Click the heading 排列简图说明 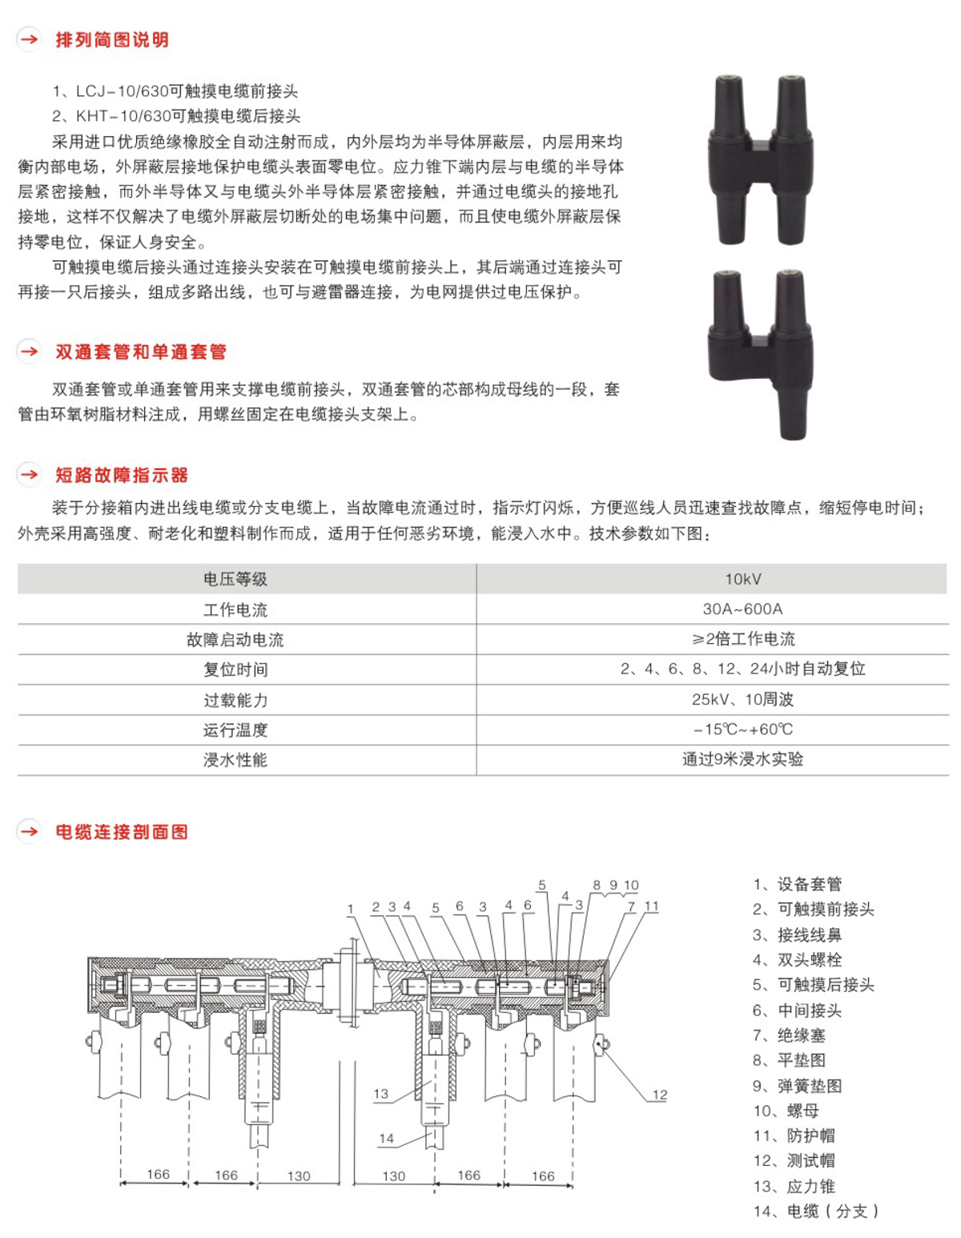coord(111,40)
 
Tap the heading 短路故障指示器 coord(121,475)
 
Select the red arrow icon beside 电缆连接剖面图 coord(30,831)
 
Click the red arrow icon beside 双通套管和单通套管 coord(30,352)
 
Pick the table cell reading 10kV coord(742,579)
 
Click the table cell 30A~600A coord(742,609)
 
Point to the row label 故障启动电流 coord(235,640)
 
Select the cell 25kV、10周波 coord(742,700)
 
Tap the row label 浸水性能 coord(235,760)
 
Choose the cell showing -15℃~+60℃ coord(742,730)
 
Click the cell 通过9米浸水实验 coord(742,759)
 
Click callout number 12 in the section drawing coord(659,1095)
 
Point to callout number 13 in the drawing coord(380,1094)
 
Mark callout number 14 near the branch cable coord(386,1138)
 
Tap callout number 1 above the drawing coord(350,909)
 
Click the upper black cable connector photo coord(759,159)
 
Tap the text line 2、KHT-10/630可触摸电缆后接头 coord(176,116)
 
